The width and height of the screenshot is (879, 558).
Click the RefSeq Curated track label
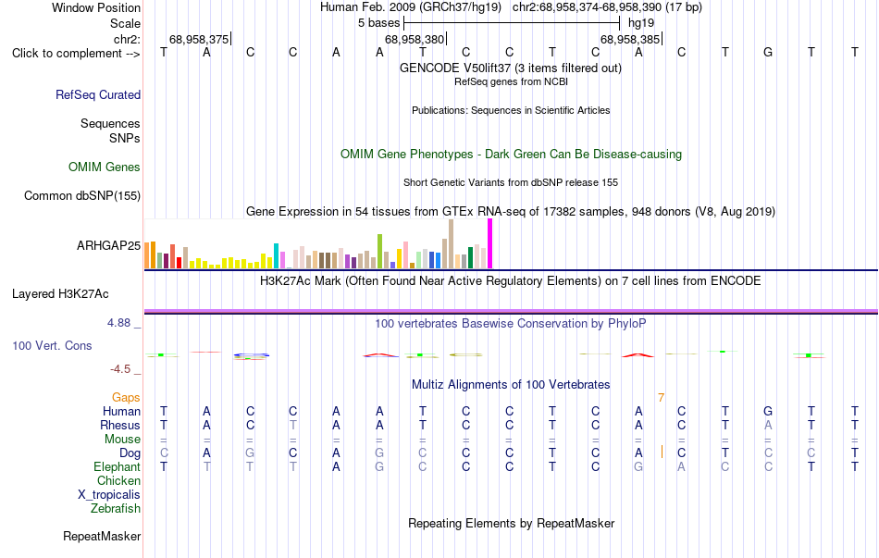click(98, 94)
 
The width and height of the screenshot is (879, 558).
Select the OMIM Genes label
click(105, 167)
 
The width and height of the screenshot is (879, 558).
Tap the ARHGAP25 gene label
click(109, 245)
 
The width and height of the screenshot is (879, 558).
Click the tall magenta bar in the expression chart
click(490, 243)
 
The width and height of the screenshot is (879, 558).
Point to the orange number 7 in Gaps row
click(661, 398)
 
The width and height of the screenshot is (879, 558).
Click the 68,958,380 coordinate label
click(415, 39)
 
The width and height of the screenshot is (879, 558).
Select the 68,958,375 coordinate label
click(199, 39)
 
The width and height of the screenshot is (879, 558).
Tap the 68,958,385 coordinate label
click(630, 39)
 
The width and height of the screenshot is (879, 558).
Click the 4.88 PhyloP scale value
click(118, 323)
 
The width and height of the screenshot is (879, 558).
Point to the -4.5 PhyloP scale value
click(120, 369)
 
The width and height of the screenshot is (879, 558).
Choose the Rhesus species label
click(120, 425)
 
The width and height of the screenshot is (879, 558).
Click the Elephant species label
click(118, 467)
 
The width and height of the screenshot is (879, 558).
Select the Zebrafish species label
click(116, 509)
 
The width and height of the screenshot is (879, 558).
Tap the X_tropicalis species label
click(109, 495)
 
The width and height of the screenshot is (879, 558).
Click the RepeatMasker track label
click(102, 537)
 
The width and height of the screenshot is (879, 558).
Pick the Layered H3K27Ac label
click(60, 294)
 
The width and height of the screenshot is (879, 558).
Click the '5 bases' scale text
click(379, 23)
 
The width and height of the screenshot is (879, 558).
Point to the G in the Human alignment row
click(768, 412)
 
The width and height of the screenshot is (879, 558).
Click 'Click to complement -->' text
click(76, 54)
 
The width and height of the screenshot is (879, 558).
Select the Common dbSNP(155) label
click(82, 196)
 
